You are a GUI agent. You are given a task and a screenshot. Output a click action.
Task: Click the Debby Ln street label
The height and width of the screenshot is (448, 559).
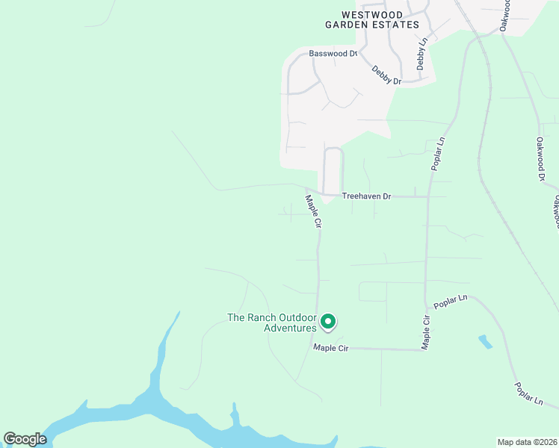pos(421,54)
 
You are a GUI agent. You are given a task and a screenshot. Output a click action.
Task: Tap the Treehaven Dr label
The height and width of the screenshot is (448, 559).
pos(366,196)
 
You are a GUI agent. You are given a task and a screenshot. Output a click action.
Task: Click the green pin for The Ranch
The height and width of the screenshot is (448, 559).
pos(327,322)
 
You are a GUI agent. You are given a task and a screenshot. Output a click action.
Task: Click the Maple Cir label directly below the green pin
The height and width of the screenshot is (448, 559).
pos(331,348)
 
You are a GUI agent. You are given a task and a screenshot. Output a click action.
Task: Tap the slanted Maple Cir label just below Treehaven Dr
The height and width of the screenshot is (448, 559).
pos(313,211)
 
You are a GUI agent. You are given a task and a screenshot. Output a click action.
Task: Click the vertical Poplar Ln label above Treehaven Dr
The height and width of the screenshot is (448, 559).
pos(439,153)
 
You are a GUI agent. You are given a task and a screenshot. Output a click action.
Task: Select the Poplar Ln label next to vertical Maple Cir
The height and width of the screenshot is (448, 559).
pos(451,300)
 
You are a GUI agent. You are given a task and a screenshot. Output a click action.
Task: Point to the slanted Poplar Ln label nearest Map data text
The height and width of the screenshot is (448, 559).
pos(528,394)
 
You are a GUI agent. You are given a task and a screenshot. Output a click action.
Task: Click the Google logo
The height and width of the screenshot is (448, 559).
pos(25,439)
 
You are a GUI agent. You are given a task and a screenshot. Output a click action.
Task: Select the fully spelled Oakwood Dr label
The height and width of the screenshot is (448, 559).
pos(540,159)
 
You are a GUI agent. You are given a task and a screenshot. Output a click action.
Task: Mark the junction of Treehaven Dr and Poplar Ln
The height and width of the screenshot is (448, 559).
pos(428,197)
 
